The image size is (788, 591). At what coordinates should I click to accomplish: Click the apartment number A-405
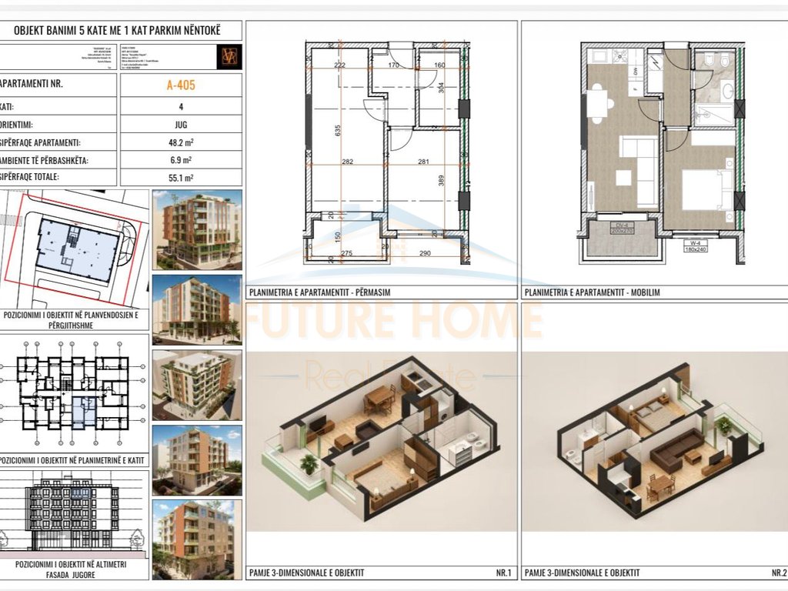click(x=181, y=85)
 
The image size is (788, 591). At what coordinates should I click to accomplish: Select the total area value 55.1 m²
click(x=181, y=178)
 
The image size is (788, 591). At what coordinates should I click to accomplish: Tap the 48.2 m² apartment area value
click(x=181, y=142)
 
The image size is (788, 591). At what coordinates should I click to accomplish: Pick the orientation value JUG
click(x=181, y=124)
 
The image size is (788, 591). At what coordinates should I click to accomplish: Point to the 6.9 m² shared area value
click(x=181, y=160)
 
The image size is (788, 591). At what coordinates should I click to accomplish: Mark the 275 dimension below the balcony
click(x=346, y=253)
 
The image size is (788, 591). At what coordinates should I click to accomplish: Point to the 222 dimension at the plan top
click(x=340, y=65)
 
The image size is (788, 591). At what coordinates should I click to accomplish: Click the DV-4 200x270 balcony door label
click(x=620, y=229)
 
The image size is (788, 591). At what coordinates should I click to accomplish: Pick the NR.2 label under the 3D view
click(x=777, y=573)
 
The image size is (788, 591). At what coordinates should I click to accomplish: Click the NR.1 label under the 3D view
click(x=503, y=573)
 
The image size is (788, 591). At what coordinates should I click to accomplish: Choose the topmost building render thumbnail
click(x=197, y=229)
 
